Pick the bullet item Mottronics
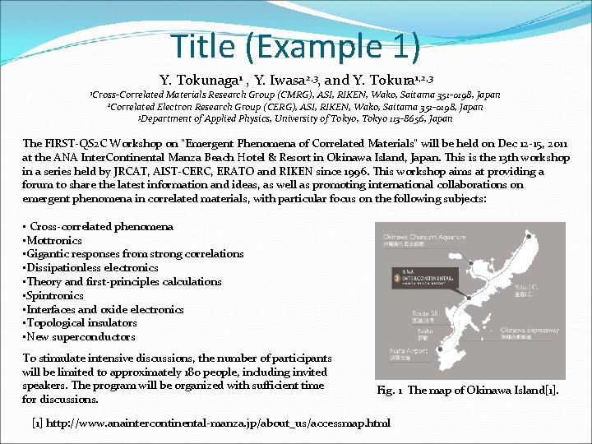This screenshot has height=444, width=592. pos(54,240)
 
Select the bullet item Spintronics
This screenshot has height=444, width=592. pos(55,295)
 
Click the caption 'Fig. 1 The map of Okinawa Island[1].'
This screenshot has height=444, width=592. pos(468,391)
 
